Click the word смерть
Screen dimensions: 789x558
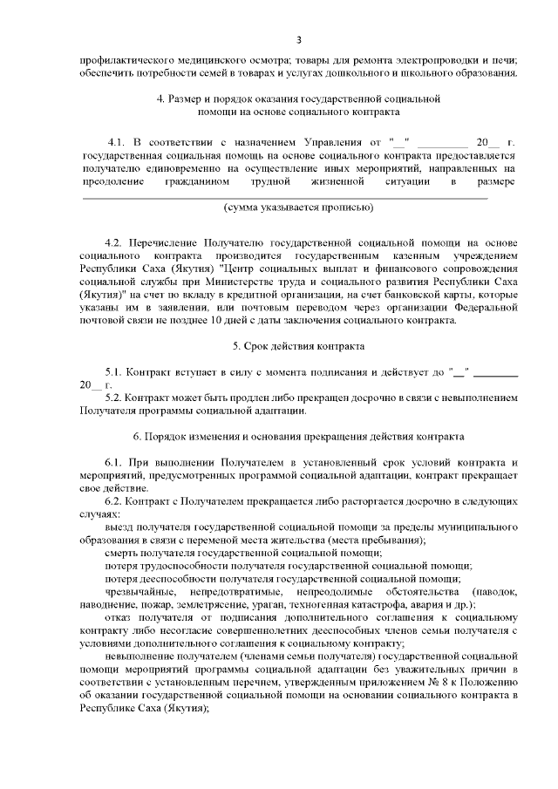tap(121, 554)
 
